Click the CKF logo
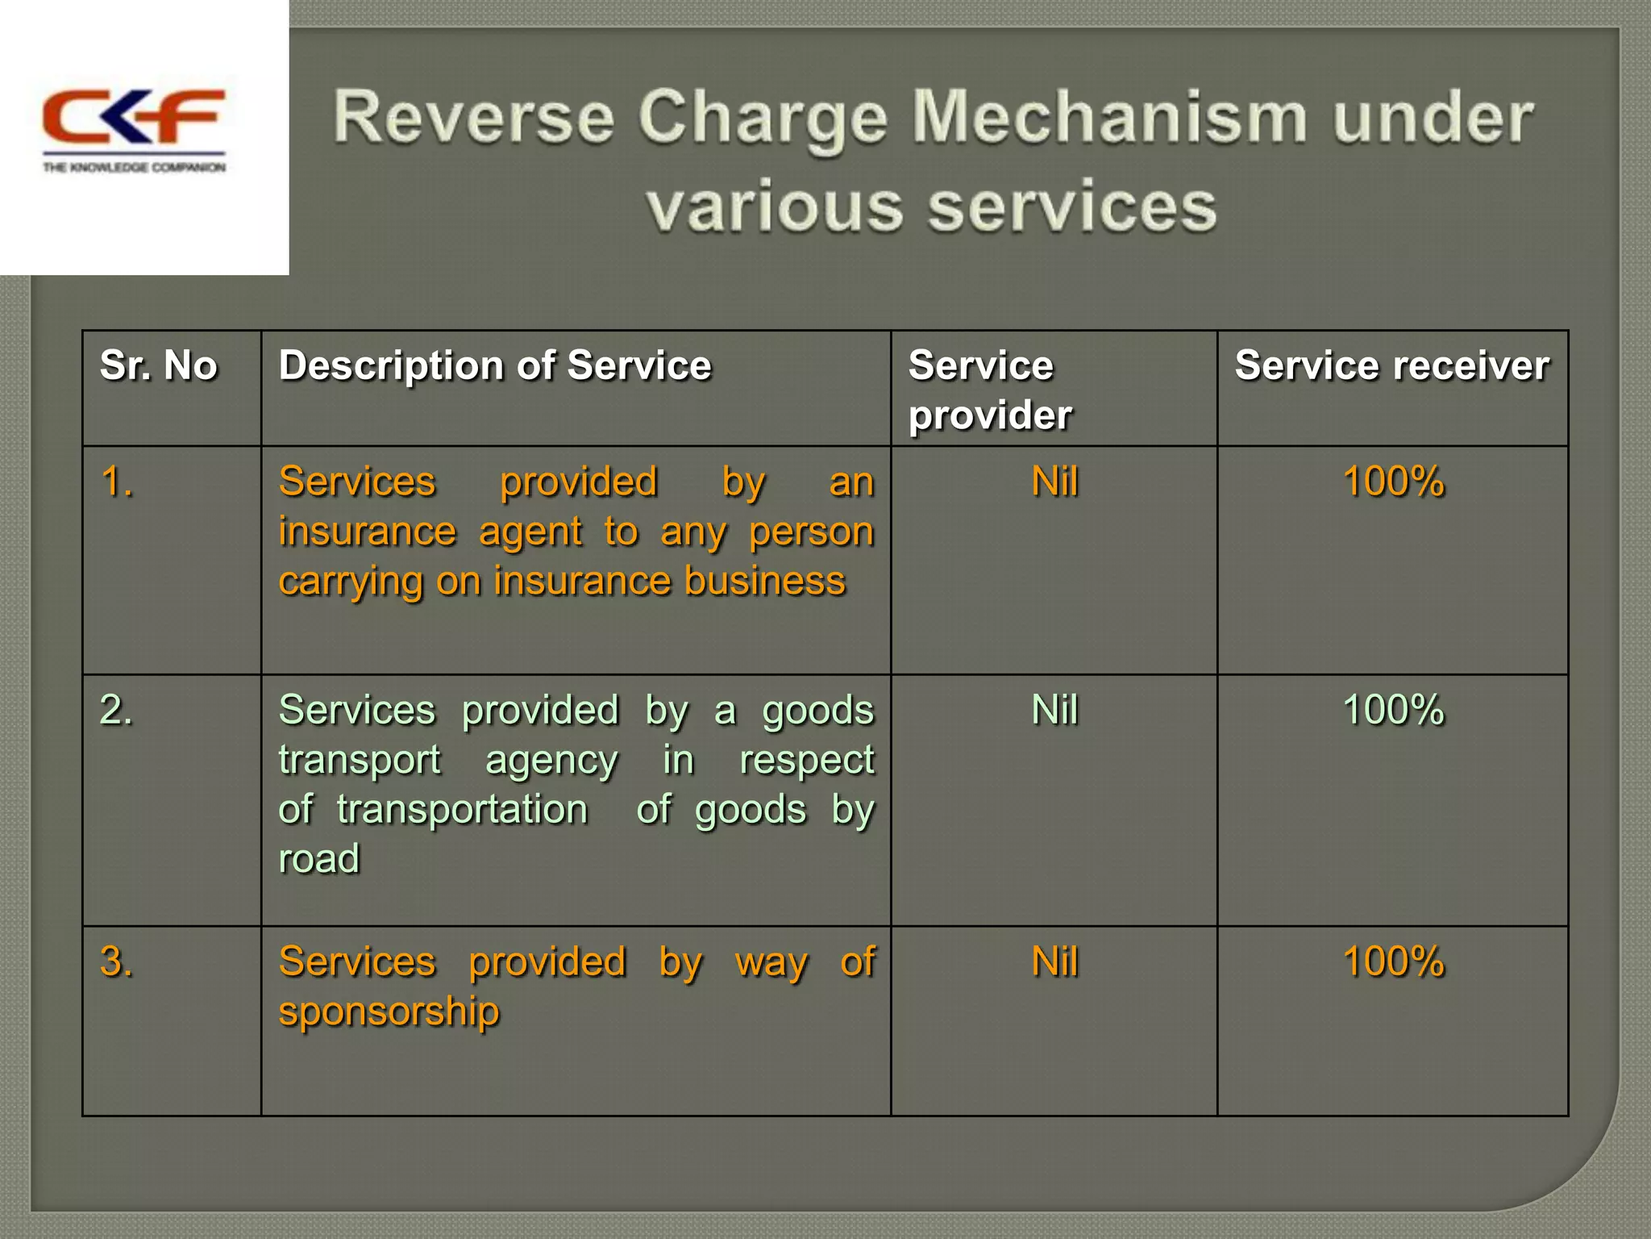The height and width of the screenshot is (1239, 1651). (134, 129)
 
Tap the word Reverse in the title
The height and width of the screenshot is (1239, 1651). (473, 119)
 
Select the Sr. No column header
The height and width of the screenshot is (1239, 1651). (159, 365)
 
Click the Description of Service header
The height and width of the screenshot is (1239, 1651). (495, 365)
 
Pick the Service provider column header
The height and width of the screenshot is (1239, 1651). (990, 390)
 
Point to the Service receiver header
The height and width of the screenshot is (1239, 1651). (1392, 365)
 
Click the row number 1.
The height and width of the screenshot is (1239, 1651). (116, 482)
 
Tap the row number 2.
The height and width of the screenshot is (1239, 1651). (116, 711)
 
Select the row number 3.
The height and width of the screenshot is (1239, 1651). (116, 962)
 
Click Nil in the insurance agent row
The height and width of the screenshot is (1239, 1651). (1054, 482)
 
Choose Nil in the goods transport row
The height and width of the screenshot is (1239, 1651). (1054, 711)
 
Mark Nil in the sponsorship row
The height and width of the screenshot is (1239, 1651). (1054, 962)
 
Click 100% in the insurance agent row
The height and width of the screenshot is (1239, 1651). (1393, 482)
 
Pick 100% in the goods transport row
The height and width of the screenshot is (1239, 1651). (1393, 711)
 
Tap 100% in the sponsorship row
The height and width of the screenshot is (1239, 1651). (1393, 962)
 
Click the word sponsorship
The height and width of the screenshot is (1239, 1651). (389, 1012)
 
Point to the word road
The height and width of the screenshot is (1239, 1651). (318, 858)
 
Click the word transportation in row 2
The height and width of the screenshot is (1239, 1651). (462, 810)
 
